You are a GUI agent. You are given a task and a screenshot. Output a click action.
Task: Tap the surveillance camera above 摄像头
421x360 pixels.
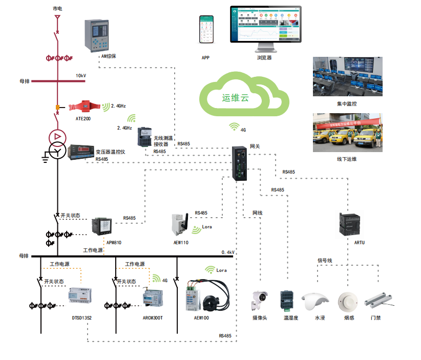click(259, 300)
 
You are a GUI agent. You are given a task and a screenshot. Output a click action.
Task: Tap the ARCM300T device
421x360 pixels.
click(153, 299)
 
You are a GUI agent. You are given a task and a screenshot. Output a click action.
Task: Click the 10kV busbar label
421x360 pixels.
click(81, 76)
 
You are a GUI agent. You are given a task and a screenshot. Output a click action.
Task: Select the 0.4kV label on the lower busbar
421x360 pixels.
click(228, 252)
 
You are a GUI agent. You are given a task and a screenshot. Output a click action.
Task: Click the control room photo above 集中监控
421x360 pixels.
click(347, 76)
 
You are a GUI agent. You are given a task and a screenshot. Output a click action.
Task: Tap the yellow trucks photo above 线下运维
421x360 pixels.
click(347, 133)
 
